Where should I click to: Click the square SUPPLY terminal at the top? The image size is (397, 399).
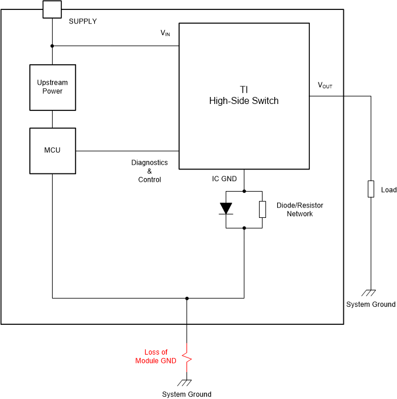tap(52, 9)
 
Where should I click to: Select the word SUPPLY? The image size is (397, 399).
tap(83, 22)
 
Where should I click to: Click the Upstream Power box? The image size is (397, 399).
tap(53, 87)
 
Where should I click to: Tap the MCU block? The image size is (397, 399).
tap(53, 151)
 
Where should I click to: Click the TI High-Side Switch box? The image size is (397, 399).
tap(244, 96)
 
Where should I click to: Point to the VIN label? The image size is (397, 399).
tap(165, 33)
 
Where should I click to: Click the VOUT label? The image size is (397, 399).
tap(325, 85)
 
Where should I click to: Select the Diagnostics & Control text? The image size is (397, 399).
tap(149, 171)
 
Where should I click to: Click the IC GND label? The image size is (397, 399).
tap(224, 179)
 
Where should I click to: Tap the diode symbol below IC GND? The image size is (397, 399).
tap(226, 209)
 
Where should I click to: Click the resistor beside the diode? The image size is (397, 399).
tap(263, 209)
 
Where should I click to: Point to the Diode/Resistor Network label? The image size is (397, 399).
tap(299, 210)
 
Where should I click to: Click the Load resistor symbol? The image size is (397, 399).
tap(371, 189)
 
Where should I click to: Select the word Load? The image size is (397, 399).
tap(388, 190)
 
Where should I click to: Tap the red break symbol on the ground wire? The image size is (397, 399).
tap(187, 356)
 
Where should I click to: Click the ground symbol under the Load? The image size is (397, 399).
tap(371, 293)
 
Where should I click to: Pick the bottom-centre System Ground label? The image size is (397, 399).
tap(187, 394)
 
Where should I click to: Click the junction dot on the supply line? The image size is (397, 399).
tap(53, 46)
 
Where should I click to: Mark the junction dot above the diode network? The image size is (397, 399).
tap(244, 191)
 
